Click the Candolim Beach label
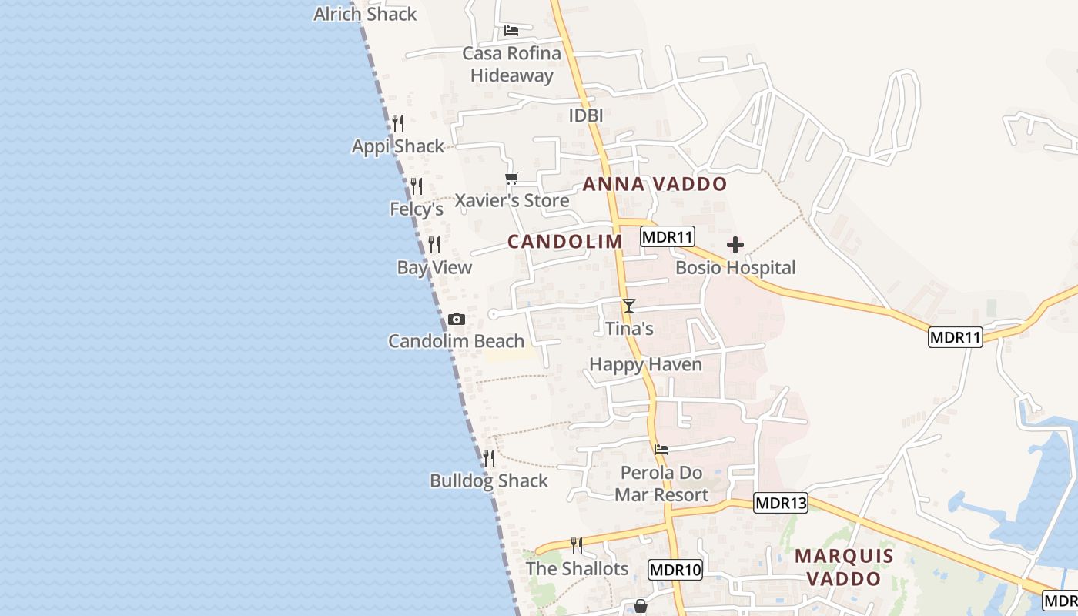point(456,341)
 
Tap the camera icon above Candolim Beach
point(457,319)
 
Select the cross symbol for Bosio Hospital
point(735,246)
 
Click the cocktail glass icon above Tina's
point(629,306)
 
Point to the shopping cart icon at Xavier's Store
point(512,179)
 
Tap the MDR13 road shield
point(781,504)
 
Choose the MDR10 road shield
point(675,571)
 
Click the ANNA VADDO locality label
point(654,184)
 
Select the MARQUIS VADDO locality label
point(844,567)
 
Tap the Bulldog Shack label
point(489,480)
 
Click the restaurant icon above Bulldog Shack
point(489,458)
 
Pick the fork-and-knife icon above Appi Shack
point(398,123)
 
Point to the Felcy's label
point(417,209)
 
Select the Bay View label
point(434,267)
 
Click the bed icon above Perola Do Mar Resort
point(661,450)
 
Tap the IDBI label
point(585,115)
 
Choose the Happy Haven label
point(645,364)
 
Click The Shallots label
point(577,568)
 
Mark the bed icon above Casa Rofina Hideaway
point(511,31)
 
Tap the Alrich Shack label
point(365,14)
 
